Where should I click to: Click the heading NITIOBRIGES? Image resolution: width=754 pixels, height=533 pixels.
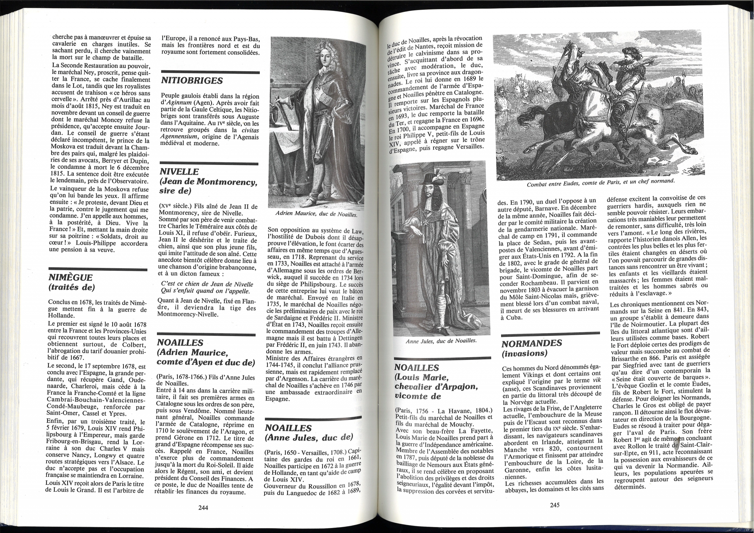coord(192,81)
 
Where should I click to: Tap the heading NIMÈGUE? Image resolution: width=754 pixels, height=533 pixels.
coord(70,278)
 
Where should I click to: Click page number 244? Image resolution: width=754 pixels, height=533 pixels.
coord(203,508)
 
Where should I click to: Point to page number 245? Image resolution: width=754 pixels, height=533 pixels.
coord(554,505)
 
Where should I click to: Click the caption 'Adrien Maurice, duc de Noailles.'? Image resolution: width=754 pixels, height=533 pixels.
coord(316,215)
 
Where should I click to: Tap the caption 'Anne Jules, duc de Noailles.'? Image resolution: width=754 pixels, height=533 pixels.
coord(441,341)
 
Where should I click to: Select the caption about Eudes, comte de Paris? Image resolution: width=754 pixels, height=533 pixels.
coord(600,183)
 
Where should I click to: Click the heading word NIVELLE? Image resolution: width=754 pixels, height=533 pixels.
coord(179,172)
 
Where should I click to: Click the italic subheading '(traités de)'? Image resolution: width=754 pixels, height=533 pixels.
coord(71,287)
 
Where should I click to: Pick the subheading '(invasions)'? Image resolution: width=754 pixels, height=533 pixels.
coord(525,354)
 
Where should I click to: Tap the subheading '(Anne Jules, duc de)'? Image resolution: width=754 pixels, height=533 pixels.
coord(309,437)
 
